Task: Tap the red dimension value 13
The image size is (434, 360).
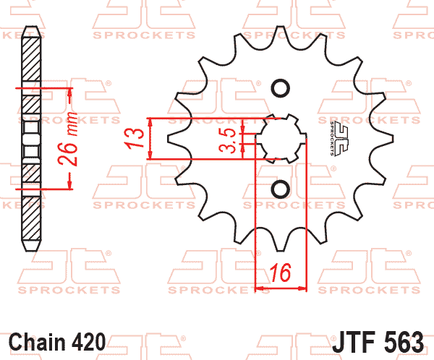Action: [x=134, y=138]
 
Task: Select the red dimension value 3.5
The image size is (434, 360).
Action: [x=228, y=140]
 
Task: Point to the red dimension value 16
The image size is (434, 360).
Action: [x=281, y=273]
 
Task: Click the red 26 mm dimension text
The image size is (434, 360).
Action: [x=67, y=138]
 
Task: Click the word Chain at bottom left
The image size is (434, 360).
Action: [x=37, y=342]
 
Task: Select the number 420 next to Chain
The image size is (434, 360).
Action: [x=88, y=342]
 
